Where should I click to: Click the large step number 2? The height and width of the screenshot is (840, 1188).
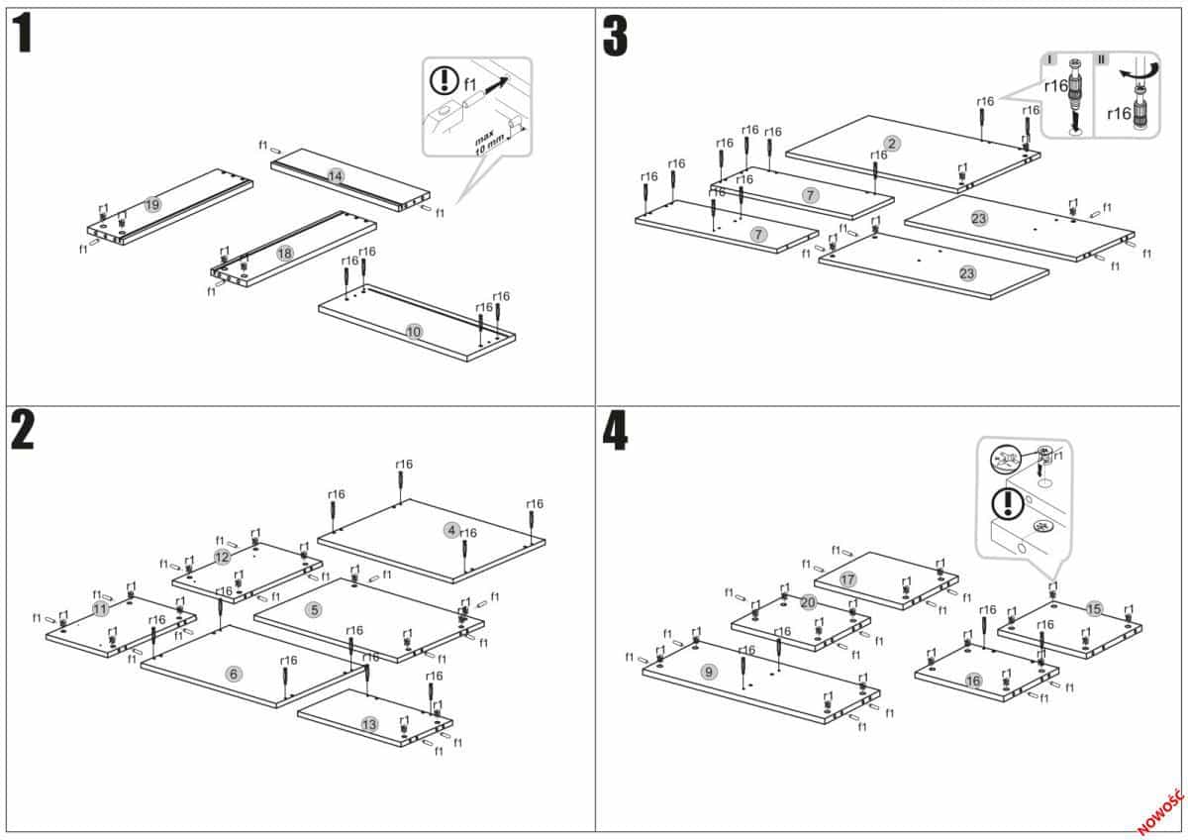[24, 429]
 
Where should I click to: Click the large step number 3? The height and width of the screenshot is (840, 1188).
[615, 36]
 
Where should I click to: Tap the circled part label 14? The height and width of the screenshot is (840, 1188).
[336, 176]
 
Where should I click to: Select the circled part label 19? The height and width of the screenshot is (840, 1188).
[151, 204]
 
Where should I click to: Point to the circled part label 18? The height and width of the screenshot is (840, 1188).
[285, 254]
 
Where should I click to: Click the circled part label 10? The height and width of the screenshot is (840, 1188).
[414, 332]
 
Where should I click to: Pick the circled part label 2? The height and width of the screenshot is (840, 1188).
[892, 144]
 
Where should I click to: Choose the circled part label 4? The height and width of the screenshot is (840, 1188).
[451, 530]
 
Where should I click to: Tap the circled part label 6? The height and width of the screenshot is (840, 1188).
[234, 674]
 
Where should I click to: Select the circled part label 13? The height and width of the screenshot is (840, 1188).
[369, 725]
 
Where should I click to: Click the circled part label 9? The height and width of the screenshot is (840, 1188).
[708, 672]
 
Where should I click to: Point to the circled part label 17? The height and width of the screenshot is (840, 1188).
[847, 578]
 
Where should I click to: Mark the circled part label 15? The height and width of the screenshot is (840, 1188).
[1093, 608]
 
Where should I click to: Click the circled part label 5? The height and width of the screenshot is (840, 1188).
[314, 610]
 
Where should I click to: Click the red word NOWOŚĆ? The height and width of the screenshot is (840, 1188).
[1160, 812]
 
